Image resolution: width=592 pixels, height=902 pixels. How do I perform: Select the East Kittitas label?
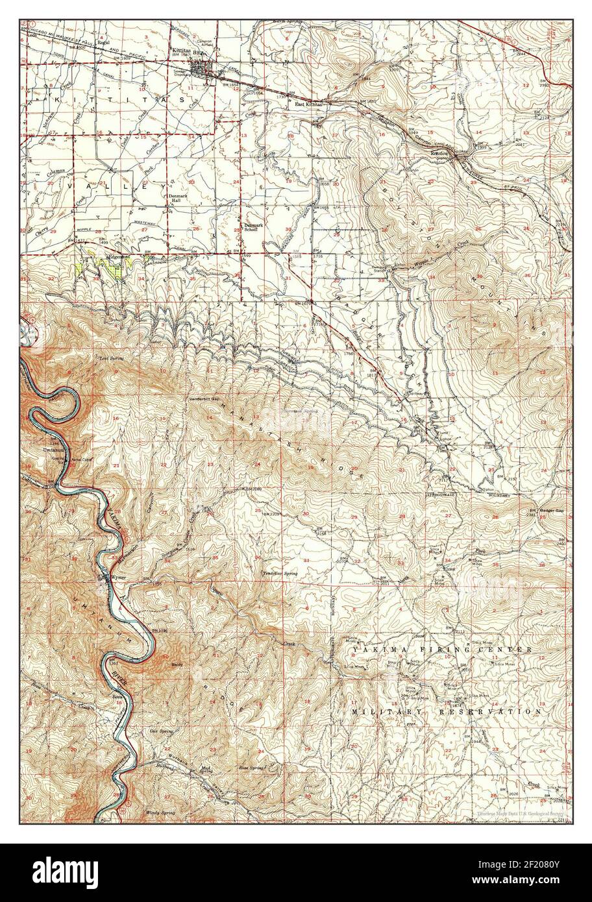pyautogui.click(x=309, y=104)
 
